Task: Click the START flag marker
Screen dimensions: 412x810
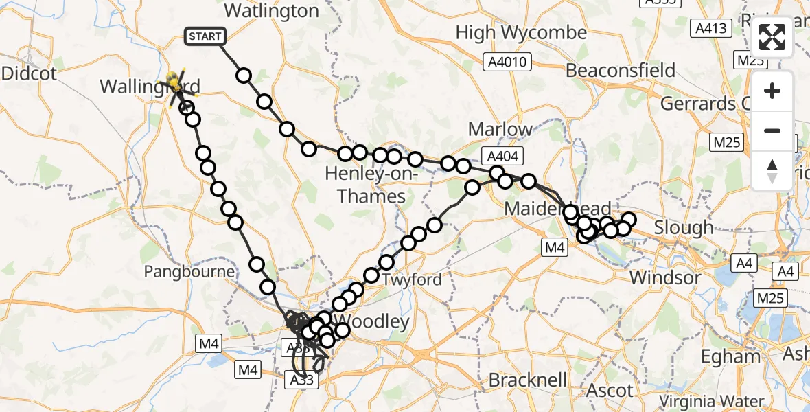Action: click(205, 36)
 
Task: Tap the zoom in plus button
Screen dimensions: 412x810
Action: click(772, 91)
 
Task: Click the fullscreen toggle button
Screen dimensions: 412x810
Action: click(772, 37)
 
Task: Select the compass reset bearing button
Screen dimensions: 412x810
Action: click(772, 170)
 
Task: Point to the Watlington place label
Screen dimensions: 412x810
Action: click(272, 11)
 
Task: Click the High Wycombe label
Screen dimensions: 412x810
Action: click(521, 32)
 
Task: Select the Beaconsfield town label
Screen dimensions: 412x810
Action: click(621, 70)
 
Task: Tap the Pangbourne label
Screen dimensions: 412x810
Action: click(189, 272)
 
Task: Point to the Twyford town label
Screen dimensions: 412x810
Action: click(413, 280)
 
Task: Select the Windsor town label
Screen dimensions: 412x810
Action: click(665, 278)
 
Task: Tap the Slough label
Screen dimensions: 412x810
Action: click(684, 227)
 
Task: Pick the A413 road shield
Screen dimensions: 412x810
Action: click(710, 29)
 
